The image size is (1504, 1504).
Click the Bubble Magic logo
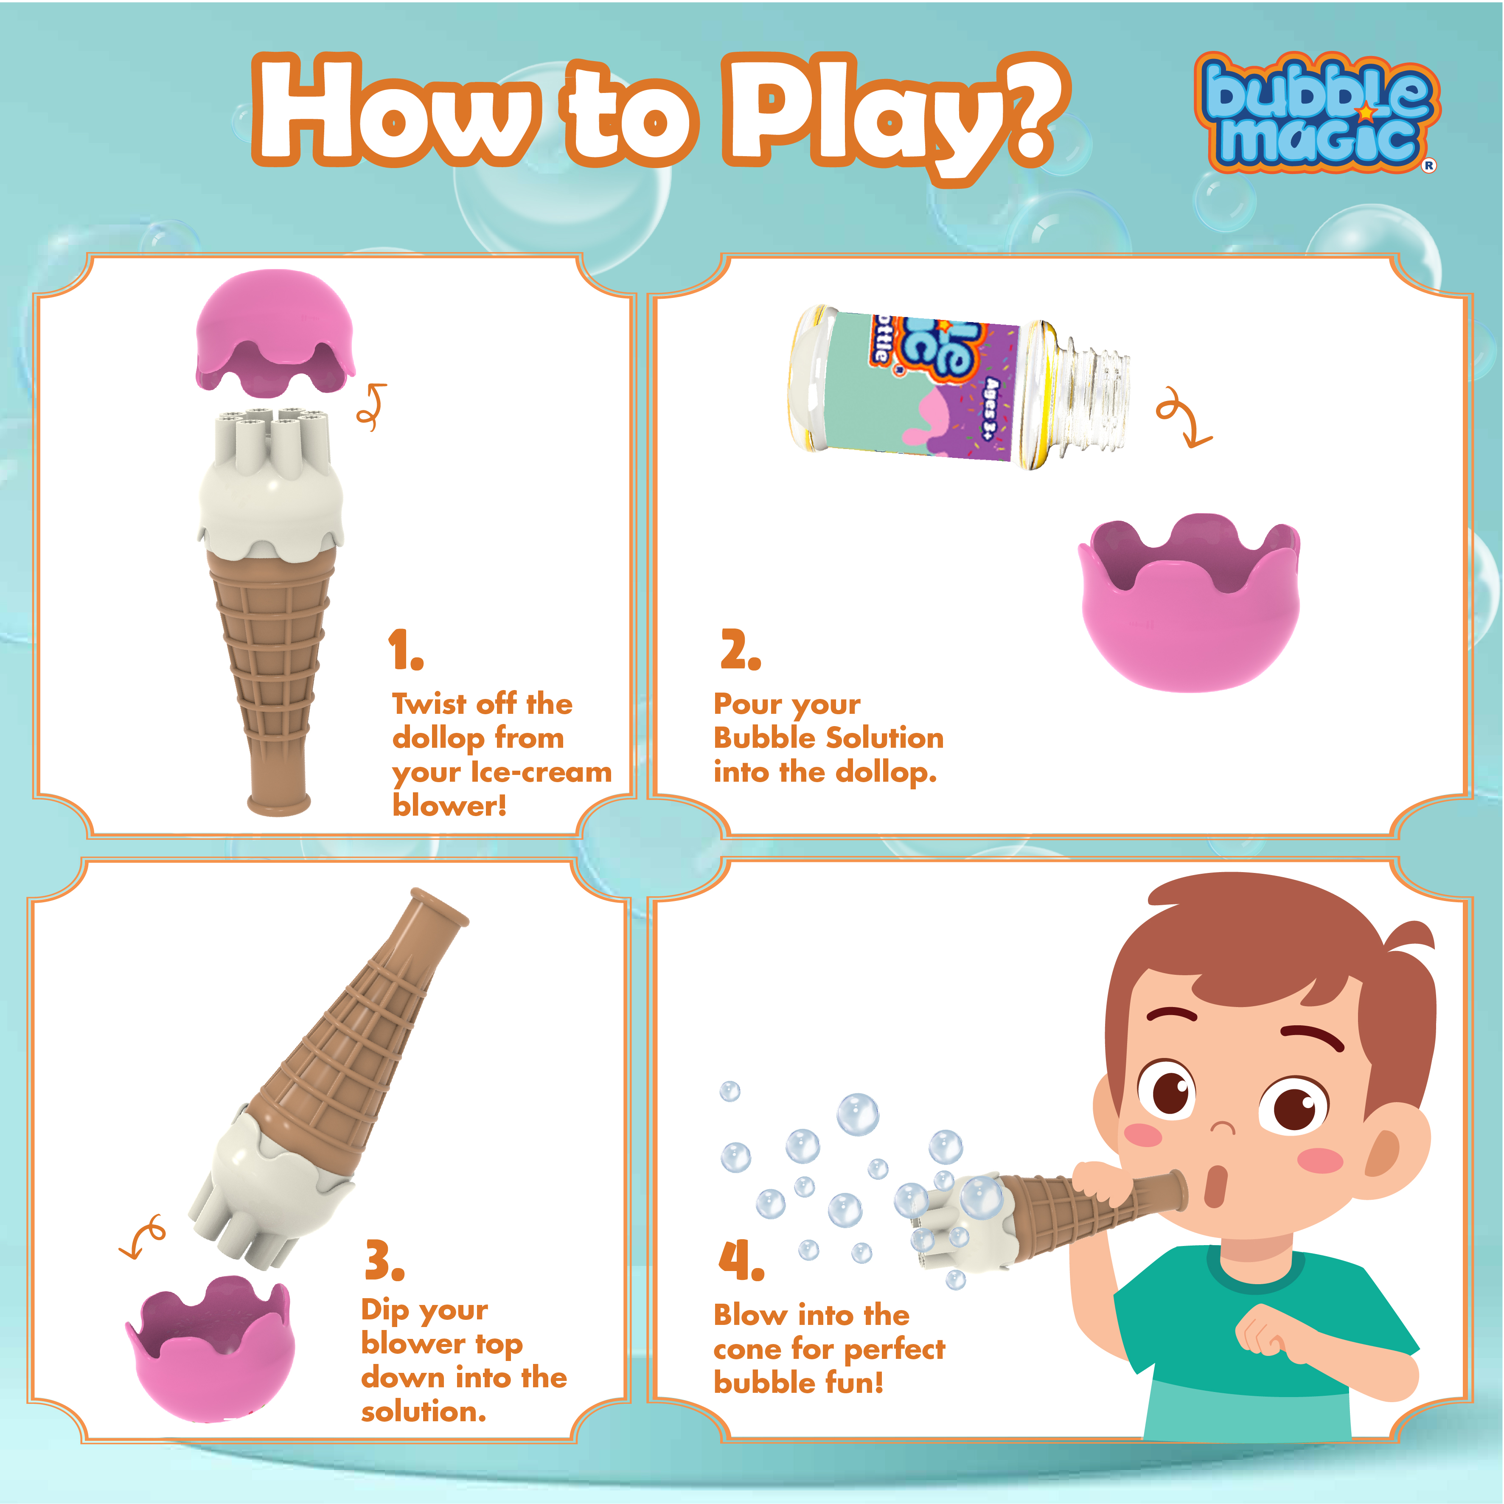click(1317, 113)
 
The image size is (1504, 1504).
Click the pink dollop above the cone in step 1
click(275, 329)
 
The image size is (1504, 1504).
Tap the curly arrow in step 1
click(372, 407)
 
